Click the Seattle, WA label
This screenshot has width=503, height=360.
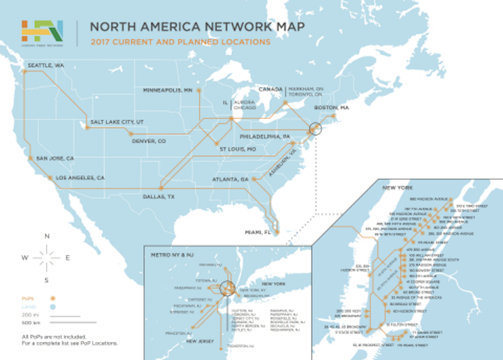[x=45, y=66]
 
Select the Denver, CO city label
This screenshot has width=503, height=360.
[x=148, y=141]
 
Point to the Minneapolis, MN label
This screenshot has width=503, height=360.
[x=168, y=91]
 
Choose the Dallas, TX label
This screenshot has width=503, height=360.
[x=158, y=196]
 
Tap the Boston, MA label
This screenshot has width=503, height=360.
[x=333, y=108]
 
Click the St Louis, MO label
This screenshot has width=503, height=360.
[x=238, y=149]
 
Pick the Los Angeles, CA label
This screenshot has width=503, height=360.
[x=80, y=178]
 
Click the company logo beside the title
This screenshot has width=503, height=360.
[x=42, y=31]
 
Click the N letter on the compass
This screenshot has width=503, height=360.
[x=47, y=237]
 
